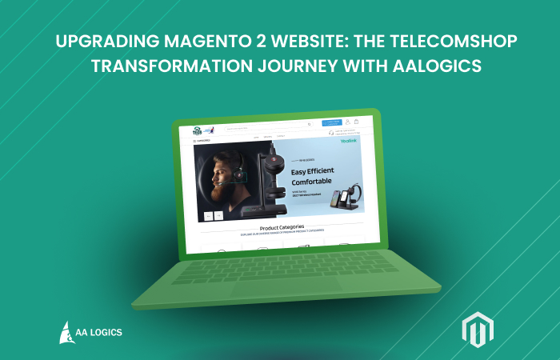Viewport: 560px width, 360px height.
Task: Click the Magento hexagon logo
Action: (478, 330)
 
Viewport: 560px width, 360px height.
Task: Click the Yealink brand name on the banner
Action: (349, 141)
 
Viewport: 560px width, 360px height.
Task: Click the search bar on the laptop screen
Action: (268, 126)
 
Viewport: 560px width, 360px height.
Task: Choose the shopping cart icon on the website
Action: (356, 122)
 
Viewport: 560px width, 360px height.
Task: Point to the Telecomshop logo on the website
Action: (189, 130)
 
